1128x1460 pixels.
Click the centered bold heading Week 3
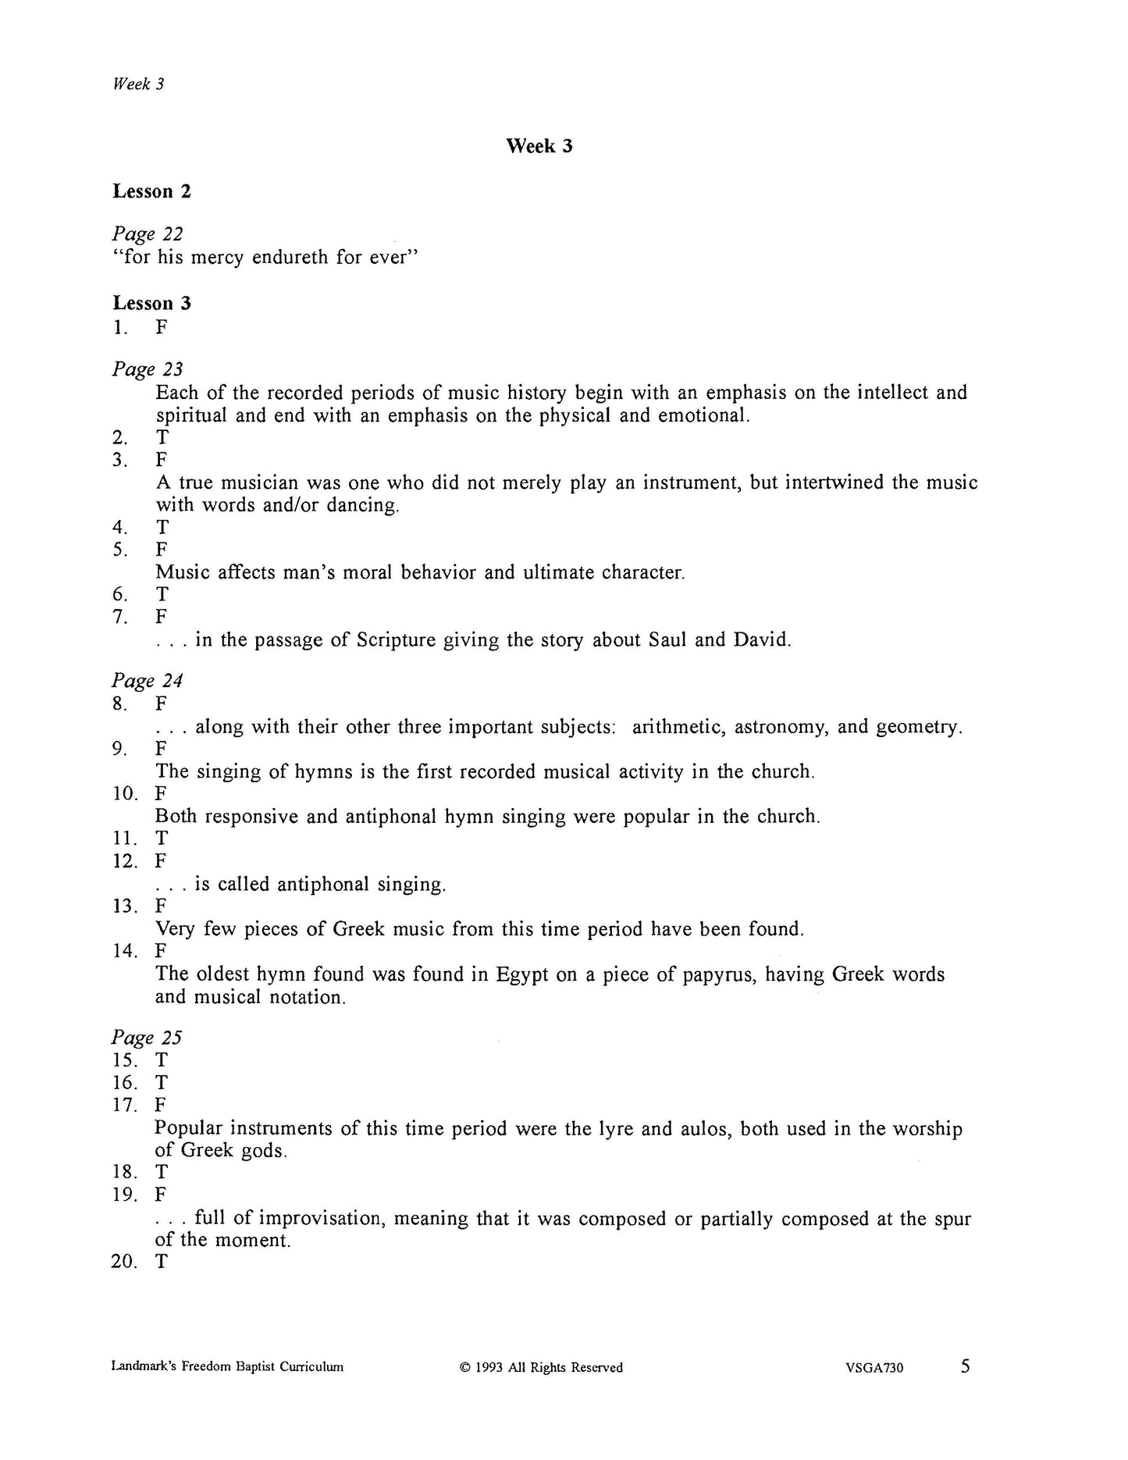point(539,146)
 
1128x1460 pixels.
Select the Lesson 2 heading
point(151,191)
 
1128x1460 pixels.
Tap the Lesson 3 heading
point(151,303)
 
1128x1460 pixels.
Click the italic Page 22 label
point(148,233)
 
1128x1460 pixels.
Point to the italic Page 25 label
point(147,1038)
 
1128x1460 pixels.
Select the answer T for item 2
point(162,437)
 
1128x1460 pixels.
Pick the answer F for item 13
point(161,906)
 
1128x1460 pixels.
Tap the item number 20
point(123,1262)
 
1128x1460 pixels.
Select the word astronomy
point(782,727)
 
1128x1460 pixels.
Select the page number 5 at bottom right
point(966,1366)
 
